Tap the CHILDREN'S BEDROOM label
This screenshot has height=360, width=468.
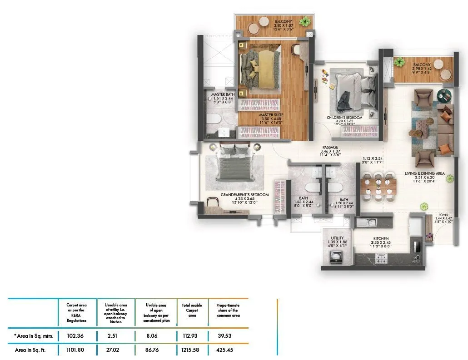click(x=344, y=118)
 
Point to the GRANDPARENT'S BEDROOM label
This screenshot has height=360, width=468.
click(x=245, y=194)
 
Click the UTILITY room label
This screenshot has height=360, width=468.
click(x=337, y=238)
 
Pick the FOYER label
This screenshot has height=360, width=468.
click(x=443, y=215)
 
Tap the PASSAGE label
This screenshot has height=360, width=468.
click(x=330, y=148)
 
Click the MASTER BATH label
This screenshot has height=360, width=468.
click(x=223, y=94)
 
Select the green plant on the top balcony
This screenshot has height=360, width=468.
click(x=305, y=21)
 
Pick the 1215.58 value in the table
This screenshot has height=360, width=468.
click(x=192, y=350)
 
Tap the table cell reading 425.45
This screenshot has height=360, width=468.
click(x=228, y=350)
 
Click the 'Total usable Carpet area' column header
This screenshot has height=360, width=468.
click(x=192, y=311)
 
